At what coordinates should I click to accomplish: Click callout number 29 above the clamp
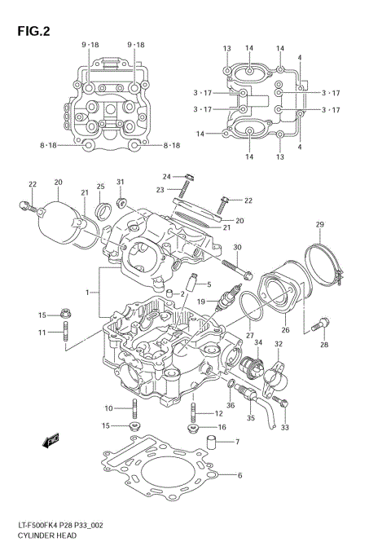pyautogui.click(x=320, y=224)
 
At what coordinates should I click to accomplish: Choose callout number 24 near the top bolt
pyautogui.click(x=166, y=176)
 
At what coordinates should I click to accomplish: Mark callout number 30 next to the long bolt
pyautogui.click(x=238, y=247)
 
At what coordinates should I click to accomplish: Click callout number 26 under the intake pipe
pyautogui.click(x=286, y=330)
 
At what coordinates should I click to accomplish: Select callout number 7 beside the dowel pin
pyautogui.click(x=237, y=443)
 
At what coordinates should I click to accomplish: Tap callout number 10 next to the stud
pyautogui.click(x=108, y=407)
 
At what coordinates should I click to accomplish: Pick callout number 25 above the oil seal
pyautogui.click(x=102, y=187)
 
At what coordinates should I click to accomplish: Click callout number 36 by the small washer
pyautogui.click(x=231, y=405)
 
